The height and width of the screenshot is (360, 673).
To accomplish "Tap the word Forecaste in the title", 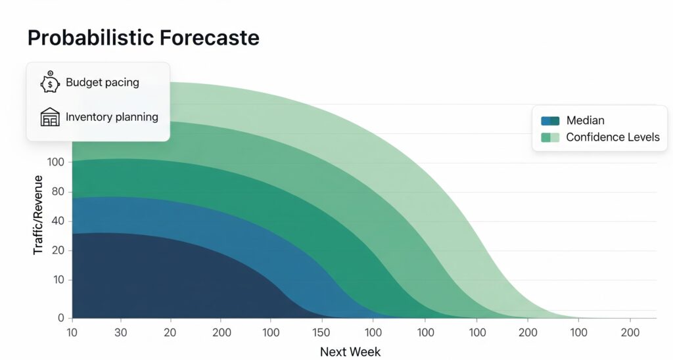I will (210, 37).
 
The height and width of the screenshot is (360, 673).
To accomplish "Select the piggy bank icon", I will (50, 83).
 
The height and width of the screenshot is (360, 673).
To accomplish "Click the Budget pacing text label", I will (102, 83).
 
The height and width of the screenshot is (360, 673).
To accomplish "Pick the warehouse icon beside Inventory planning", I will (50, 118).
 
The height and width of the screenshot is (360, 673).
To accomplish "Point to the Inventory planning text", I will (112, 118).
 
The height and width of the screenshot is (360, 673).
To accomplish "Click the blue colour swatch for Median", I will (549, 121).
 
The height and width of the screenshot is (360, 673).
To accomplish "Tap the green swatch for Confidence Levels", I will (549, 137).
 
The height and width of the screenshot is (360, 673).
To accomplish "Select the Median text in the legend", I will (585, 121).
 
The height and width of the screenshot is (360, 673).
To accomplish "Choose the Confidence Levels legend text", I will (613, 137).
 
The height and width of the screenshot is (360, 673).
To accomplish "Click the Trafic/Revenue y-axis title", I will (38, 214).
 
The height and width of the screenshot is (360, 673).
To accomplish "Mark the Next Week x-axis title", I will (350, 351).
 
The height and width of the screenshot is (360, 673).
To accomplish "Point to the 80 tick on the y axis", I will (58, 192).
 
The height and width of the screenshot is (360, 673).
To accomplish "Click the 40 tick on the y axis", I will (58, 221).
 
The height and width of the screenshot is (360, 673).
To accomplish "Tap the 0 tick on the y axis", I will (61, 318).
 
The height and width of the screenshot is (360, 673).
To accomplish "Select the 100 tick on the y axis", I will (55, 162).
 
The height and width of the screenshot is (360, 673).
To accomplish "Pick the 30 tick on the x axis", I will (121, 332).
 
